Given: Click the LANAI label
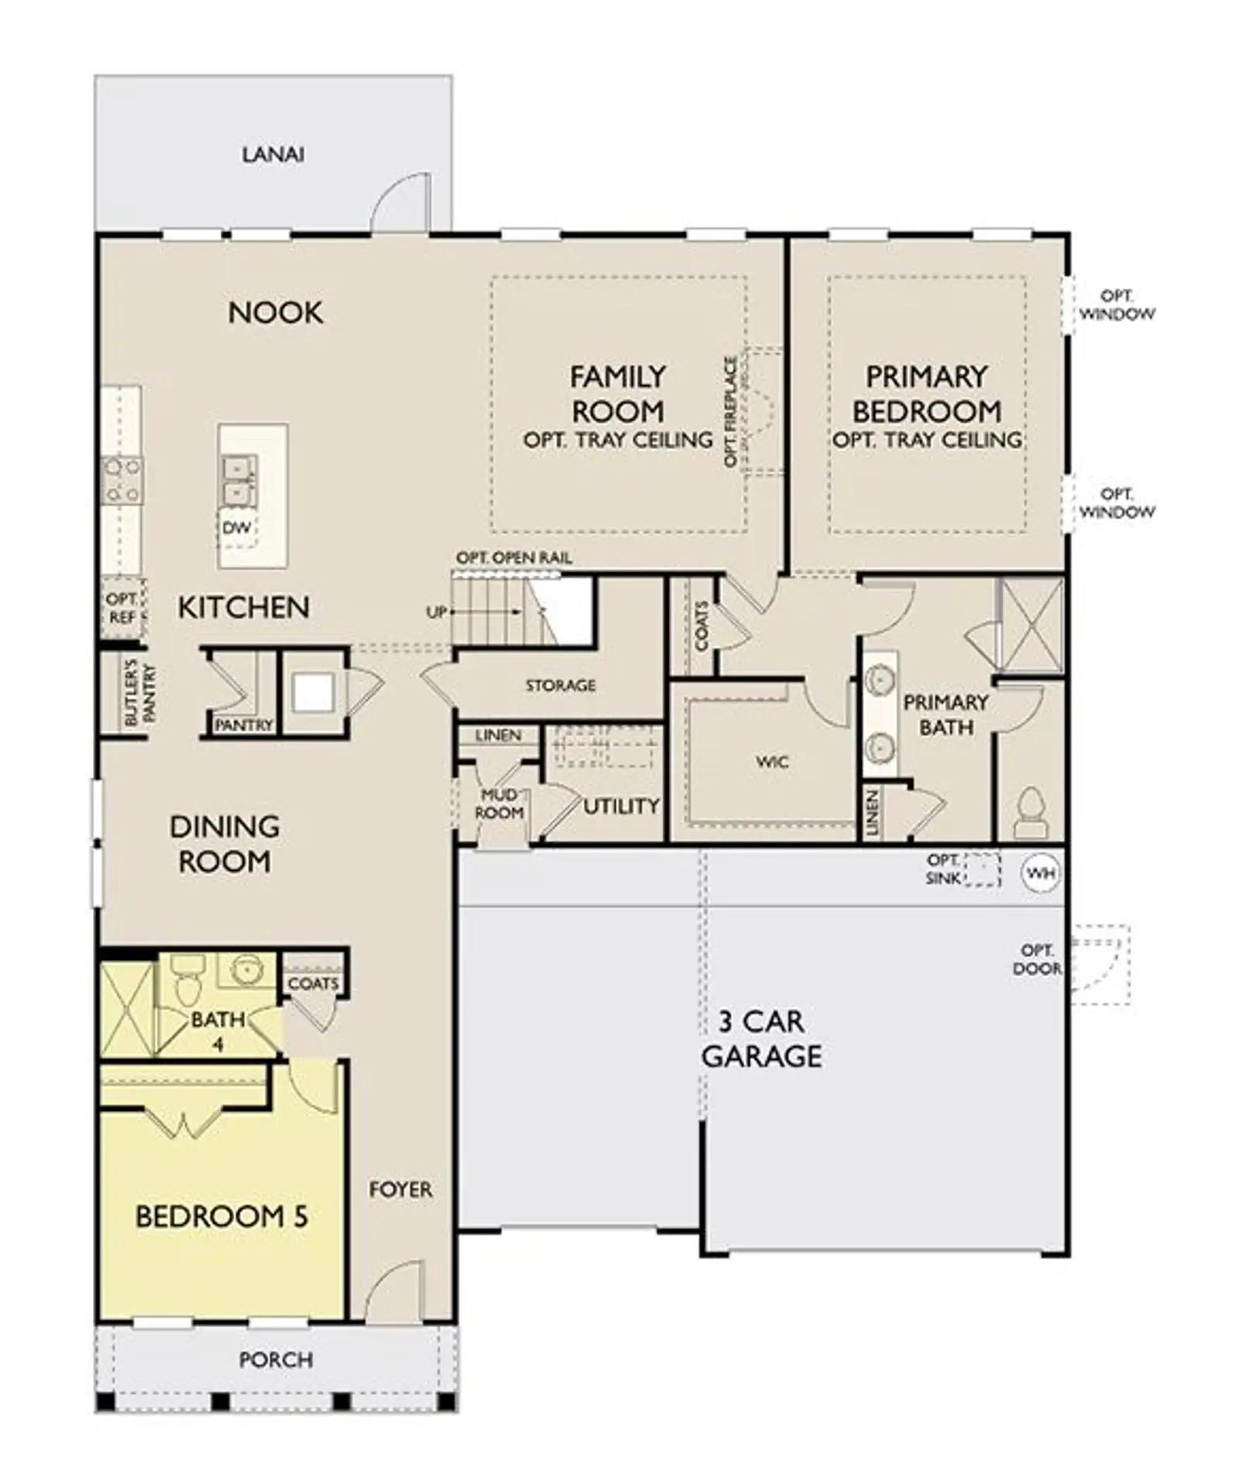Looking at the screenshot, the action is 273,154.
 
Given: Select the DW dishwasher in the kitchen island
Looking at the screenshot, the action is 237,528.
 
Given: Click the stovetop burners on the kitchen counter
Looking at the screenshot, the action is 122,480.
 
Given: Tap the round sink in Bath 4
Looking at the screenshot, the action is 245,969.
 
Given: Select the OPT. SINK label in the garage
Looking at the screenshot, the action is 942,869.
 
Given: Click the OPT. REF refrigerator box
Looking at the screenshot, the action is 122,609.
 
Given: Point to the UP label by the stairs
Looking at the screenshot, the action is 436,612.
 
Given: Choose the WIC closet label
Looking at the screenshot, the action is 771,762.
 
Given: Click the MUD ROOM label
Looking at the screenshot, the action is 499,804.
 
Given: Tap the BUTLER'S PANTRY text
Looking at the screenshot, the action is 140,693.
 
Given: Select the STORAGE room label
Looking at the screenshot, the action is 560,685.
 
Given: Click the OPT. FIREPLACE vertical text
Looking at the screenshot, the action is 730,410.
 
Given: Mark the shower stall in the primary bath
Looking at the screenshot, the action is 1031,624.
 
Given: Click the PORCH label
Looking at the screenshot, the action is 276,1359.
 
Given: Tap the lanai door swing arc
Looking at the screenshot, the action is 400,201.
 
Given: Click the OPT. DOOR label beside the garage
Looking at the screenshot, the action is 1036,959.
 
